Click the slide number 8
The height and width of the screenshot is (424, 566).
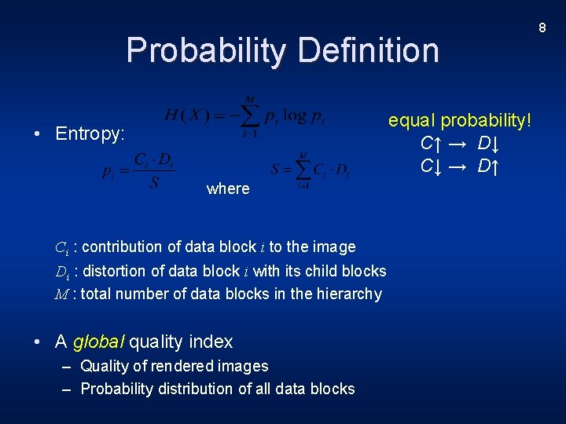[x=542, y=28]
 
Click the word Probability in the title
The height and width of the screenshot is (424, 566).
[x=207, y=51]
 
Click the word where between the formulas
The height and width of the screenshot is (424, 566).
[x=227, y=188]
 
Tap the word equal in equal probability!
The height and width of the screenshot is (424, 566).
[x=412, y=121]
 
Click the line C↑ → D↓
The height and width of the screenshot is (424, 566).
[x=461, y=144]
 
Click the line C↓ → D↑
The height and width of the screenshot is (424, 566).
[x=461, y=166]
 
